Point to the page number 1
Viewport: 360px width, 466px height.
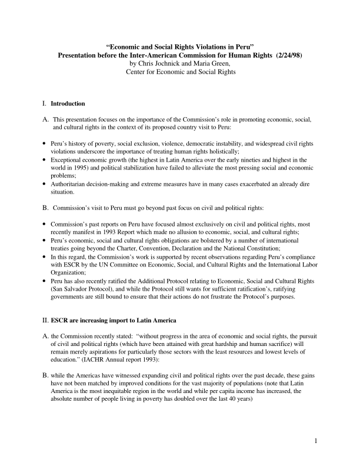coord(316,441)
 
